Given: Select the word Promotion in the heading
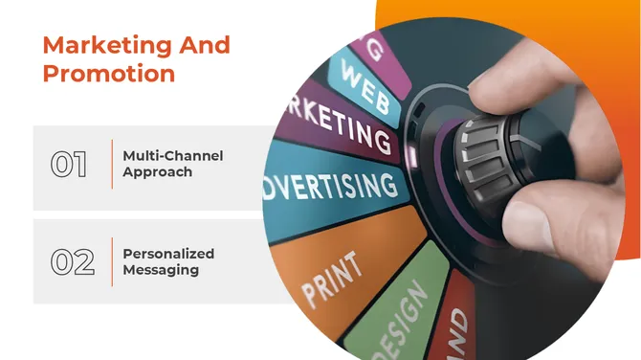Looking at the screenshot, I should coord(108,73).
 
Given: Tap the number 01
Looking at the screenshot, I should coord(69,164).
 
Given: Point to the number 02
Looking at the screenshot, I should coord(72,262).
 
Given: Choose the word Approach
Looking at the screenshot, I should coord(157,172).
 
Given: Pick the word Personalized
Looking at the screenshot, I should coord(168,254).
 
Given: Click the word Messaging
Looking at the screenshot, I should coord(161,271).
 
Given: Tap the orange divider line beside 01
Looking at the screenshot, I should coord(112,164).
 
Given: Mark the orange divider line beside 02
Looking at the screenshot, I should coord(112,261).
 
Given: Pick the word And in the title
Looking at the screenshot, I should coord(204,45).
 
